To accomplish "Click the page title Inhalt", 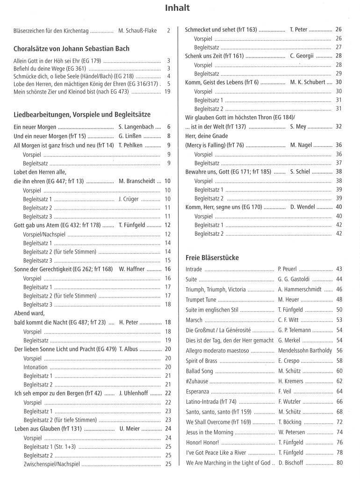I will (x=180, y=8).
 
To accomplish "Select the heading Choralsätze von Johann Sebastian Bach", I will (x=72, y=49).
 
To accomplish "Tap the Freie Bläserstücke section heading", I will (x=212, y=257).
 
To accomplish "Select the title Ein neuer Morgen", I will (x=35, y=127).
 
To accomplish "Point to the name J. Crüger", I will (x=127, y=199).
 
